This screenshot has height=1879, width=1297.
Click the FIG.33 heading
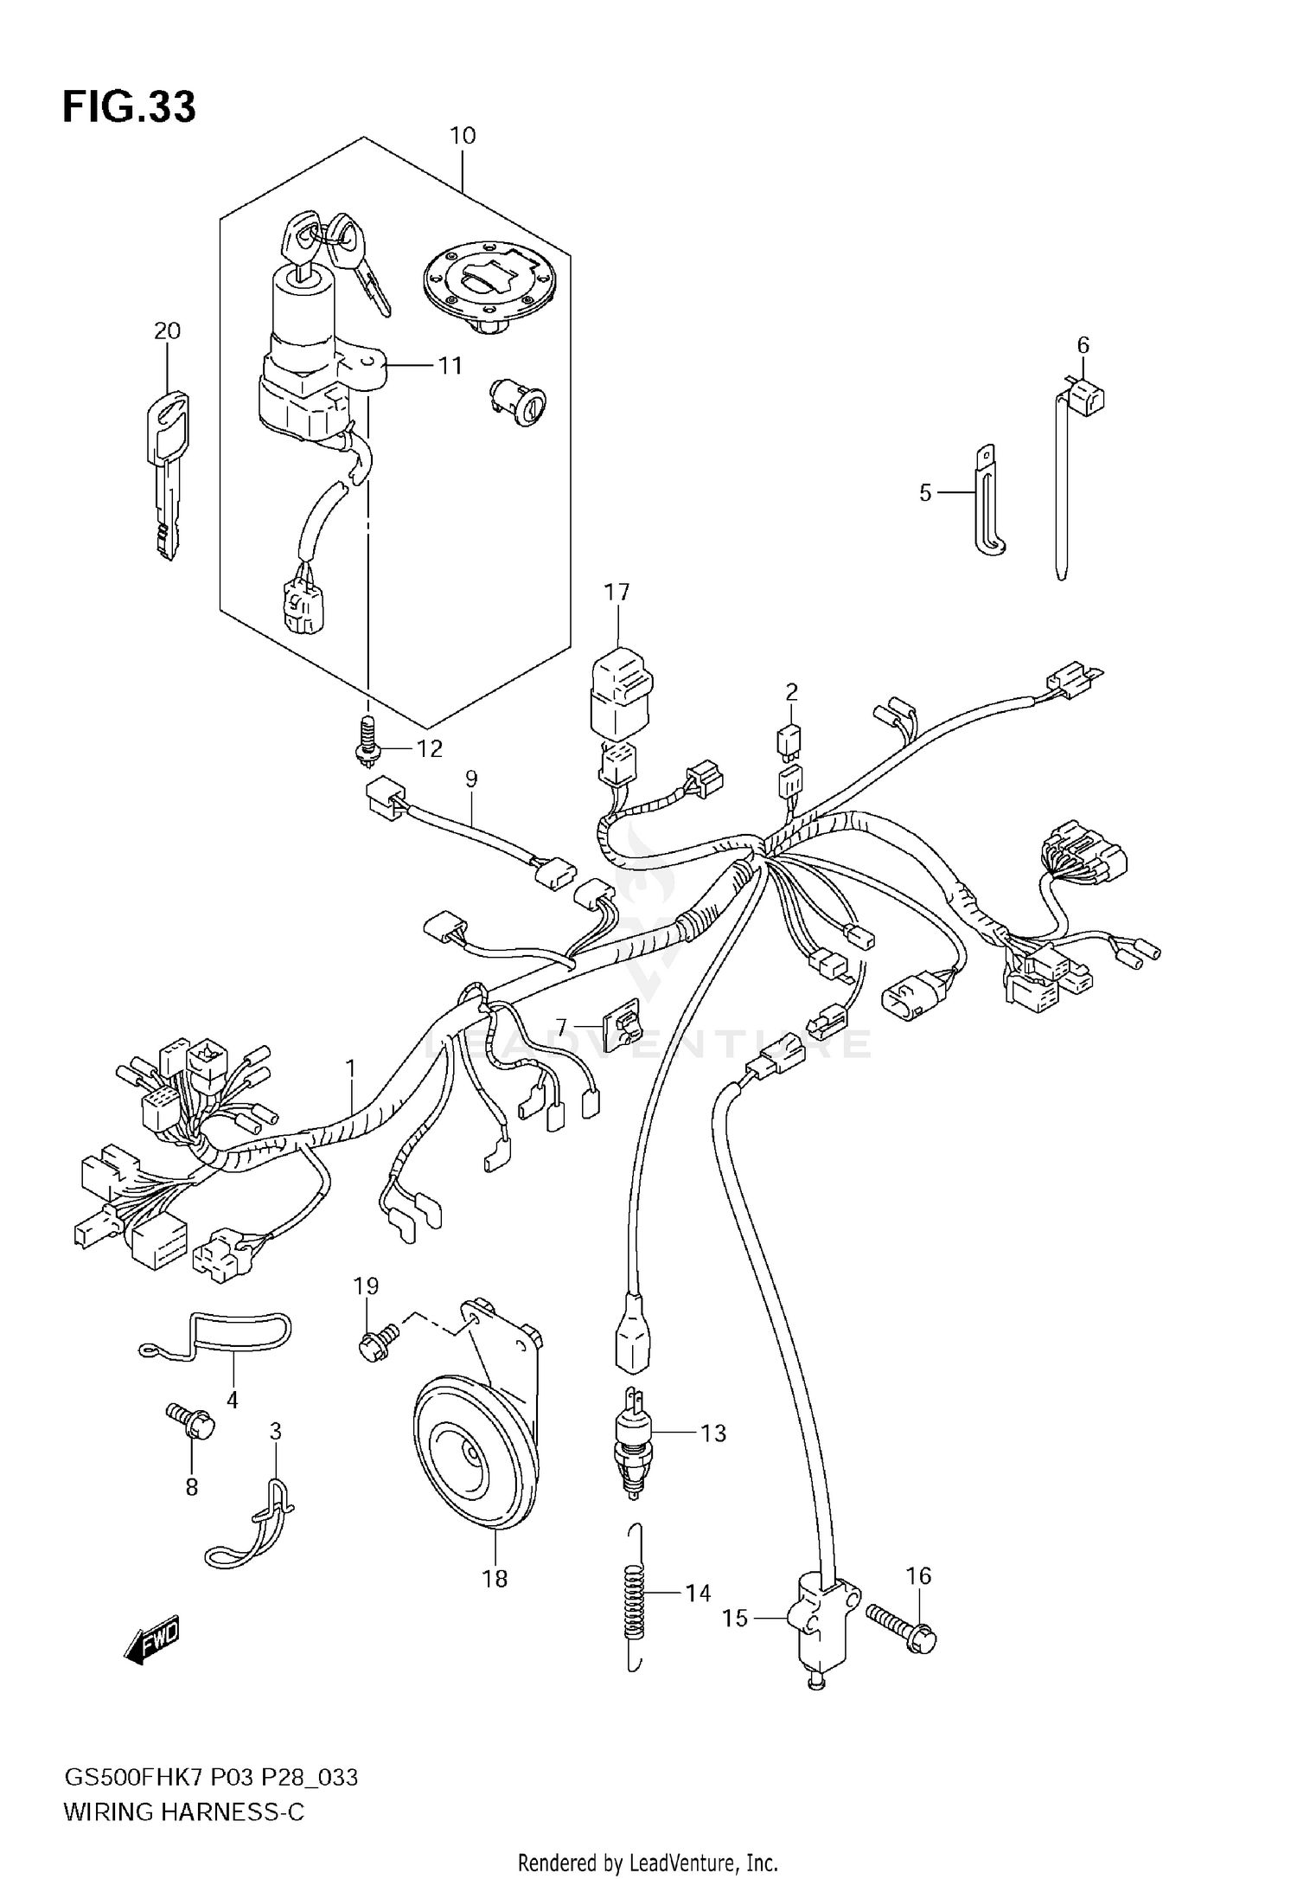(129, 107)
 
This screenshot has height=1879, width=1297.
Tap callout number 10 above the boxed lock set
(463, 136)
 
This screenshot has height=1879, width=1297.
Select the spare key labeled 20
(170, 475)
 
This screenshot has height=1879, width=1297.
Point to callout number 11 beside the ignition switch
(450, 366)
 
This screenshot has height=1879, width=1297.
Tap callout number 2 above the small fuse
(791, 692)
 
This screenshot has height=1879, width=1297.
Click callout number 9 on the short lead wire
(471, 779)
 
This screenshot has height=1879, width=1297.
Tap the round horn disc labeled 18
(471, 1456)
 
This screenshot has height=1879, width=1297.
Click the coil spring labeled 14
(636, 1594)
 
